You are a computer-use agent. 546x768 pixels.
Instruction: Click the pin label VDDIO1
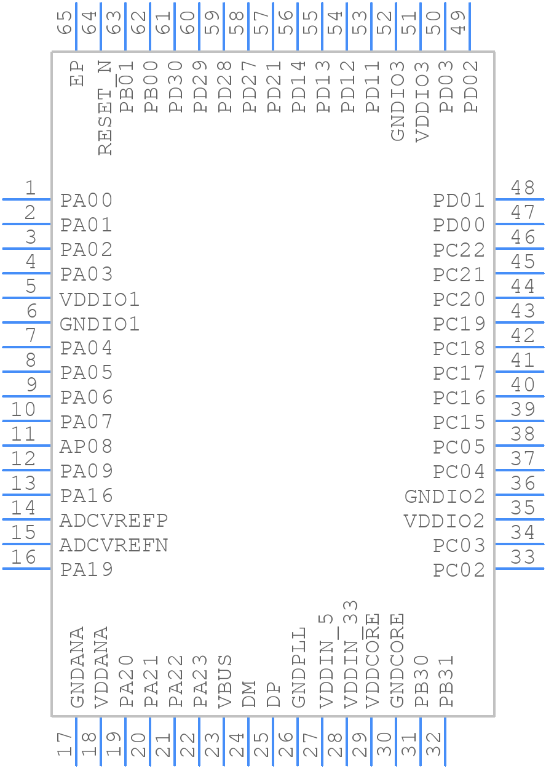tap(100, 300)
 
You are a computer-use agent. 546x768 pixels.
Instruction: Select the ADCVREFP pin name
tap(114, 521)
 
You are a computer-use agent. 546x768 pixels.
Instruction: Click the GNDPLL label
tap(298, 668)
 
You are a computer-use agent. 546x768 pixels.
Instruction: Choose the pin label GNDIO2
tap(445, 496)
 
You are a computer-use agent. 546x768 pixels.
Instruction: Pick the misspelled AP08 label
tap(86, 447)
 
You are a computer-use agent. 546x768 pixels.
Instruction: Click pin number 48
tap(523, 188)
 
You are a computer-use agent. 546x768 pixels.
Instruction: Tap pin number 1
tap(30, 188)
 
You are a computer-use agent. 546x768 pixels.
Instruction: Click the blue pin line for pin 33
tap(520, 569)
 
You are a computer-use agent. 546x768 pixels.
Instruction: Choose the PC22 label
tap(459, 250)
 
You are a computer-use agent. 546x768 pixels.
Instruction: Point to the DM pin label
tap(249, 694)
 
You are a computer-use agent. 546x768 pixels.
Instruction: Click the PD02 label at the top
tap(471, 87)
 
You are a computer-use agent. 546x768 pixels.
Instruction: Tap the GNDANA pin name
tap(77, 668)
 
